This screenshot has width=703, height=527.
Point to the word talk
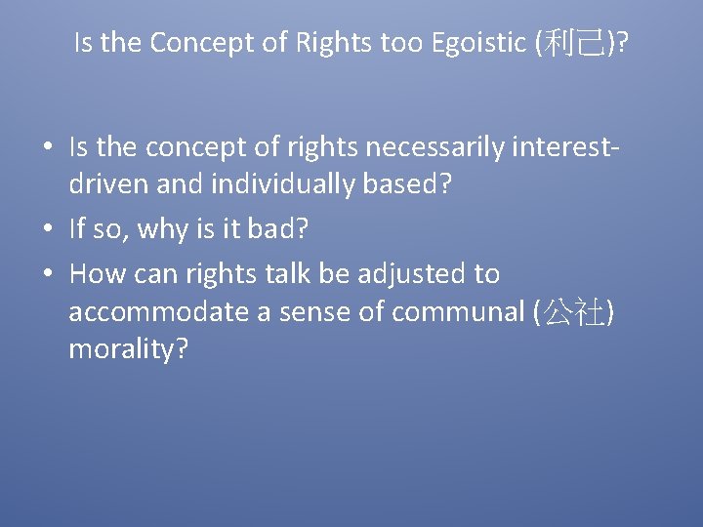click(283, 274)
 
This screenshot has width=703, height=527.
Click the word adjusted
click(413, 274)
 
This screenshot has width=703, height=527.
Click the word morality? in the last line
click(128, 348)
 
